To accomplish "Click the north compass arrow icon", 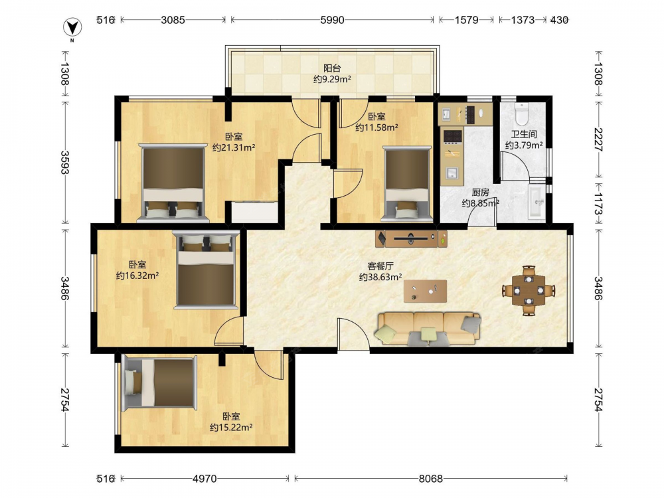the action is pyautogui.click(x=72, y=28).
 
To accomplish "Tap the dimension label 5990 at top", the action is pyautogui.click(x=332, y=20).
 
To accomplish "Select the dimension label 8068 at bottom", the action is pyautogui.click(x=431, y=479).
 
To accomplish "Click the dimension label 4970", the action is pyautogui.click(x=205, y=479).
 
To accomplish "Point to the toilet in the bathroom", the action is pyautogui.click(x=521, y=113).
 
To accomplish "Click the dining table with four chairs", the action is pyautogui.click(x=529, y=291).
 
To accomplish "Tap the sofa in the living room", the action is pyautogui.click(x=428, y=329).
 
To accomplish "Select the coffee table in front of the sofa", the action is pyautogui.click(x=425, y=291).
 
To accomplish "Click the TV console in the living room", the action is pyautogui.click(x=411, y=238).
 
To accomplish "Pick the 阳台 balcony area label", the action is pyautogui.click(x=332, y=68).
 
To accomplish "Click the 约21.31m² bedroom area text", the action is pyautogui.click(x=234, y=147).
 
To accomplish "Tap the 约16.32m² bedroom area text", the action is pyautogui.click(x=137, y=276).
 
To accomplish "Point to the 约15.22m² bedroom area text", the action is pyautogui.click(x=231, y=427).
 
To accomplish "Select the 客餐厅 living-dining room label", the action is pyautogui.click(x=380, y=266).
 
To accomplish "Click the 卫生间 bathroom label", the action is pyautogui.click(x=524, y=134).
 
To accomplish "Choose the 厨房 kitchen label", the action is pyautogui.click(x=480, y=193).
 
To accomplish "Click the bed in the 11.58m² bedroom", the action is pyautogui.click(x=407, y=184).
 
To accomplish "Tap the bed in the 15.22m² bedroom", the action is pyautogui.click(x=159, y=383).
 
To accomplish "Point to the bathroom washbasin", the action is pyautogui.click(x=537, y=203).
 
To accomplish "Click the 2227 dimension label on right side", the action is pyautogui.click(x=598, y=139).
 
